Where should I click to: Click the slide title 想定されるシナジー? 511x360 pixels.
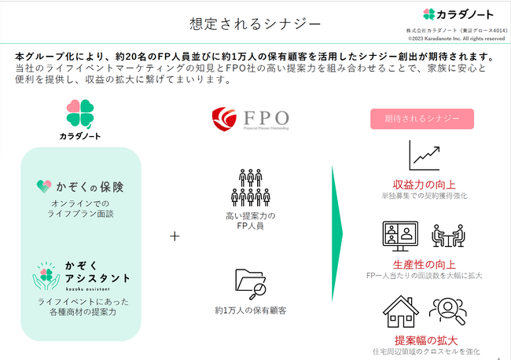coord(255,24)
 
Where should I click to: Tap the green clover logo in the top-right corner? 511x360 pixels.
coord(428,13)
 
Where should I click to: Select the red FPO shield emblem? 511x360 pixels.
coord(224,119)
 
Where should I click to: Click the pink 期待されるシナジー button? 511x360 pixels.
coord(422,119)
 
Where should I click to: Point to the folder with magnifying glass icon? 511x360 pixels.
coord(250,284)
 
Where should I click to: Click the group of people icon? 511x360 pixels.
coord(250,187)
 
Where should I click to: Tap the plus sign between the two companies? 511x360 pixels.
coord(175,236)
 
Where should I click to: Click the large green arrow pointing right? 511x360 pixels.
coord(337,236)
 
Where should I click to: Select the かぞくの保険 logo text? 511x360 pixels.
coord(80,187)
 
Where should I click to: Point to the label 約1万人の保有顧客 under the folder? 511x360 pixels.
coord(250,310)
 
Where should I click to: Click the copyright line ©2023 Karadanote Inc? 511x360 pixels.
coord(456,38)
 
